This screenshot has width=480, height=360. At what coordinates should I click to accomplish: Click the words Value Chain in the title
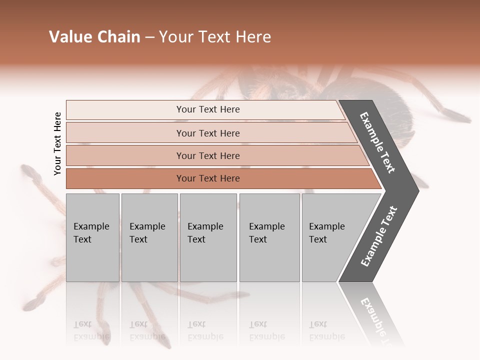94,37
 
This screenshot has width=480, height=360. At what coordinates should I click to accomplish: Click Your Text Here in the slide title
215,37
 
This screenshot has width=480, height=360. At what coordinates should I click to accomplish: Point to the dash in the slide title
149,37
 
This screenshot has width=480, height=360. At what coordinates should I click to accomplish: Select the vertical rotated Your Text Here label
57,143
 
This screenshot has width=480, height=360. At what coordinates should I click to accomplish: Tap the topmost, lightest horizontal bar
125,110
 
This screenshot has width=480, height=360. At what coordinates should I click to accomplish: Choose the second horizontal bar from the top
125,133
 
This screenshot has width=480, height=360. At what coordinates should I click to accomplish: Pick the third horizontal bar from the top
125,155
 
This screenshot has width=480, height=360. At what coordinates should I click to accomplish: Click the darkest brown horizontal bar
125,178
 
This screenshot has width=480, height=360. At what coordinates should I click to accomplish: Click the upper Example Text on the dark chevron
377,142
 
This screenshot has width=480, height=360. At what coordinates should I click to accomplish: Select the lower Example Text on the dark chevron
379,236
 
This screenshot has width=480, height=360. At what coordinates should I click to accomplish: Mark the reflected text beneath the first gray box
91,331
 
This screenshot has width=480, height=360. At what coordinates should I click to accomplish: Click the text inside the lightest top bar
208,109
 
